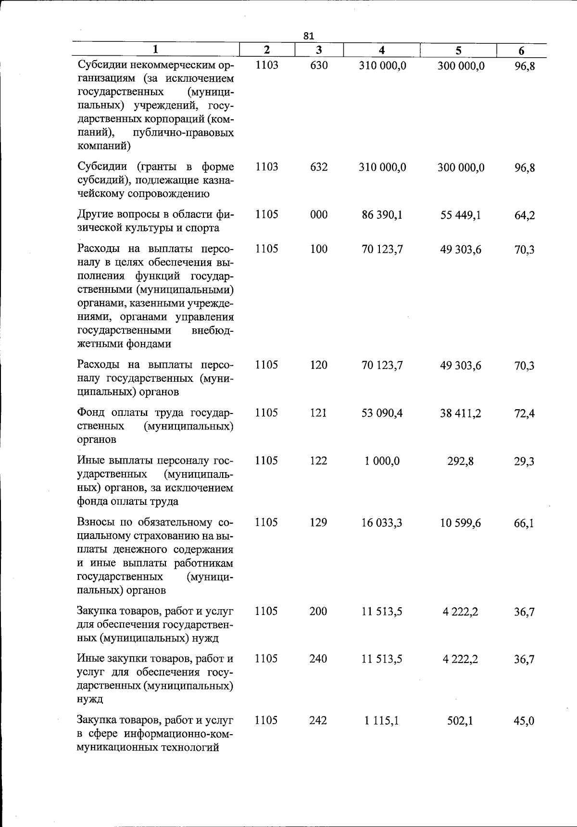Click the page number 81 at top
coord(309,36)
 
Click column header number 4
coord(381,50)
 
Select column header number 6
coord(521,50)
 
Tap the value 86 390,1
coord(382,214)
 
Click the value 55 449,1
coord(460,215)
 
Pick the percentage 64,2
coord(524,215)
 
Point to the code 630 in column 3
coord(318,65)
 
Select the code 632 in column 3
coord(318,167)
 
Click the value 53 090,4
coord(382,413)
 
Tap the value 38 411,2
coord(460,413)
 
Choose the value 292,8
coord(460,461)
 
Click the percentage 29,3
coord(524,462)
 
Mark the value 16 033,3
coord(382,523)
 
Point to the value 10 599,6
coord(460,523)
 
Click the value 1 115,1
coord(382,720)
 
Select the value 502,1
coord(460,721)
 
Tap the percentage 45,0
coord(524,721)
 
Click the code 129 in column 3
coord(318,523)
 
